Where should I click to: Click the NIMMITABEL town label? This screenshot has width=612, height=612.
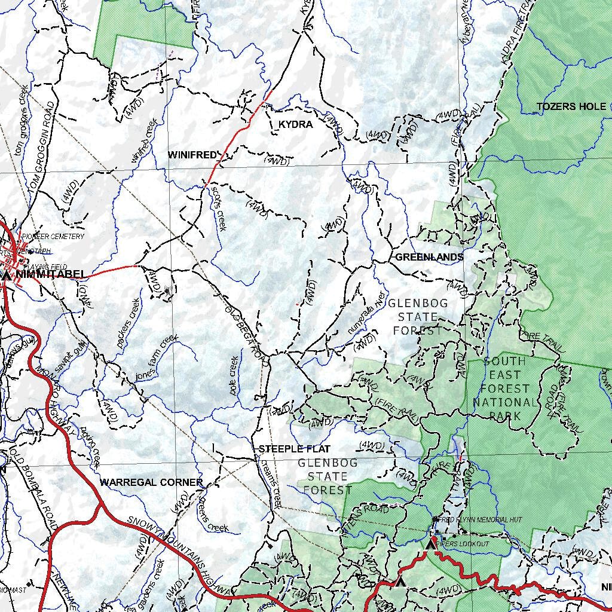(52, 275)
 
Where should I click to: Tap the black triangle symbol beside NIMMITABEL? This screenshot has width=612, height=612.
(7, 276)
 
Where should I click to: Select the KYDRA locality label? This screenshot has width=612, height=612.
(295, 124)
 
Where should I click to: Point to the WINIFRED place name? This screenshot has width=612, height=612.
(191, 155)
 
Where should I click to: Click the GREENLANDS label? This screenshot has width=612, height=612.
(429, 257)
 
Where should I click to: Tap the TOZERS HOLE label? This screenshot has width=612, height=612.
(571, 107)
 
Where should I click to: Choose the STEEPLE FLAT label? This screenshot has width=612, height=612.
(294, 449)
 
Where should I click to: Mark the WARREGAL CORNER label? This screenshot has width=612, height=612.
(151, 482)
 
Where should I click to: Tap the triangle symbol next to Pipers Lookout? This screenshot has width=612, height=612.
(430, 545)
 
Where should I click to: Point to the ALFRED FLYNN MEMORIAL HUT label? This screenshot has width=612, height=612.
(476, 520)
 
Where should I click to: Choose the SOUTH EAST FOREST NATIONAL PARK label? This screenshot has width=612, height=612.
(505, 388)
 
